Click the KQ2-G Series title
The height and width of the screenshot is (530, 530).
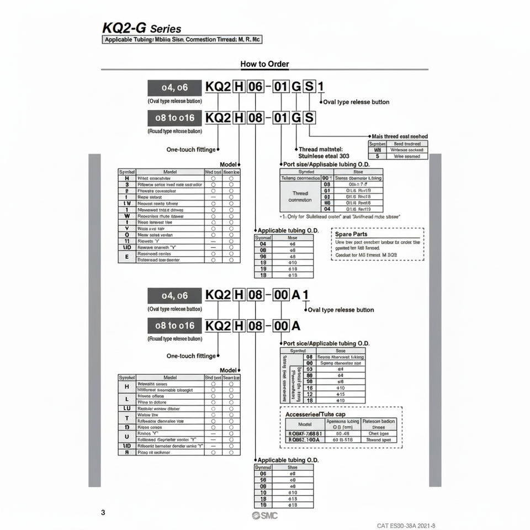click(x=141, y=28)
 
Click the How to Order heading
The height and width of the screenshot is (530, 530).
click(x=264, y=64)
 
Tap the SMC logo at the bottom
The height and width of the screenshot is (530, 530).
click(x=265, y=515)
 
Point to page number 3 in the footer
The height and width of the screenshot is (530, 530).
click(x=103, y=512)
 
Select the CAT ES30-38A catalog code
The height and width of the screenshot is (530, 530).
click(x=410, y=526)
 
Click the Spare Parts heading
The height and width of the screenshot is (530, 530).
click(x=351, y=234)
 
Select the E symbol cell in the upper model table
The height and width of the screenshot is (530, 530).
click(x=127, y=257)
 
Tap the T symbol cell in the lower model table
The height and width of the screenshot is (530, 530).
click(x=127, y=418)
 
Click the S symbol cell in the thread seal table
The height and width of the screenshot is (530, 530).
click(x=378, y=156)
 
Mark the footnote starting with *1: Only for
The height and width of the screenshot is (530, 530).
click(x=340, y=217)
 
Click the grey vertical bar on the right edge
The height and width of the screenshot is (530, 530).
click(x=436, y=320)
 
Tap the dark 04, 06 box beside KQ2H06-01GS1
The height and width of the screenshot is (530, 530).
click(x=174, y=87)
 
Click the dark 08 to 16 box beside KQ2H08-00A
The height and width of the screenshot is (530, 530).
click(x=174, y=326)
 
